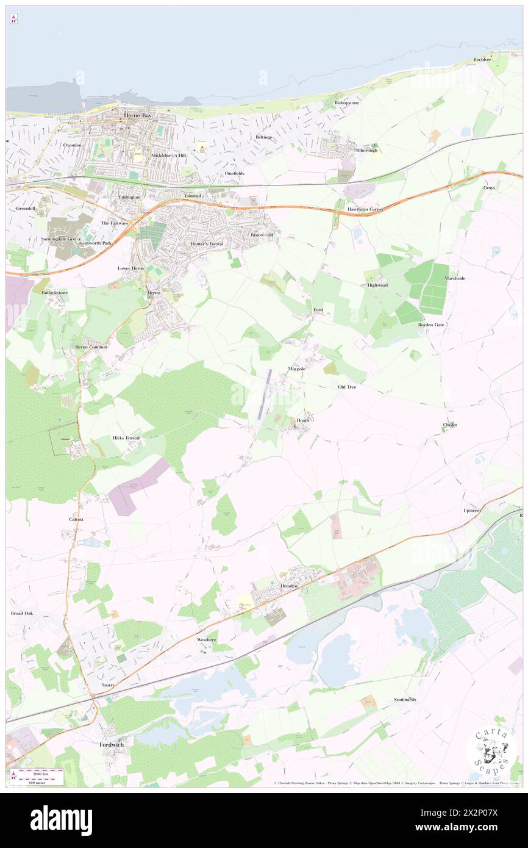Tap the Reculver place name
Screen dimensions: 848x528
tap(482, 59)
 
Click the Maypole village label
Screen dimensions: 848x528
tap(296, 369)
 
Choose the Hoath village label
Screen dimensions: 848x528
tap(303, 420)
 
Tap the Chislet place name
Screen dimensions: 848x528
tap(450, 425)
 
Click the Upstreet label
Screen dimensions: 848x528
tap(473, 509)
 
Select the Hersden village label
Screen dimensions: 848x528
tap(288, 586)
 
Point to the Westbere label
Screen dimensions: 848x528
tap(207, 639)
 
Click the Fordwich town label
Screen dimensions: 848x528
tap(112, 744)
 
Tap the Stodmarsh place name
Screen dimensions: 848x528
tap(405, 699)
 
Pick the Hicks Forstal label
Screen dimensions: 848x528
tap(126, 438)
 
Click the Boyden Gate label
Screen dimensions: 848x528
tap(431, 325)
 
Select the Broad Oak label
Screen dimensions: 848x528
tap(22, 613)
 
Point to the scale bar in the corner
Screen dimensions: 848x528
tap(38, 775)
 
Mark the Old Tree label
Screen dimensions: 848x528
tap(347, 387)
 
